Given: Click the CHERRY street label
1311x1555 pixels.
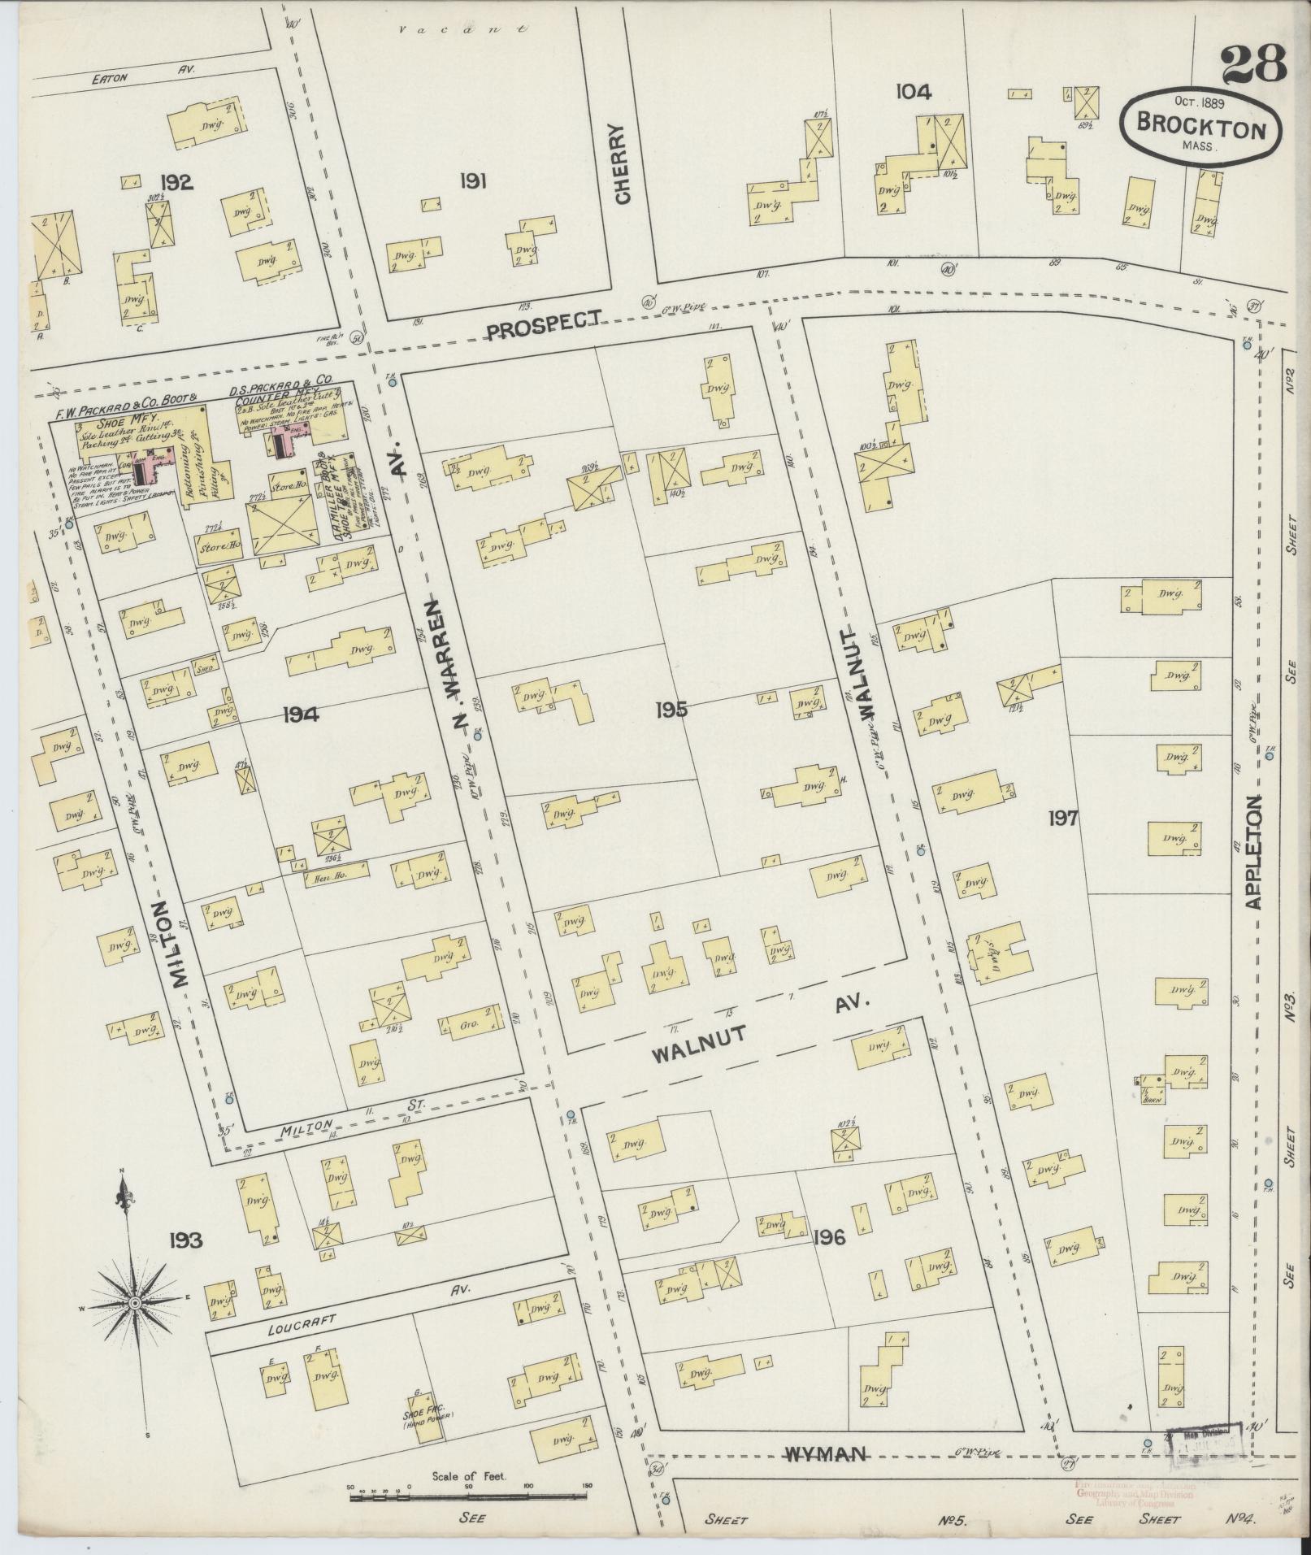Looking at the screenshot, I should pyautogui.click(x=623, y=165).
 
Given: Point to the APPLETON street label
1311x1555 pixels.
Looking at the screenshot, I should pyautogui.click(x=1253, y=852).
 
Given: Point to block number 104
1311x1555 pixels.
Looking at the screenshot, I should pyautogui.click(x=913, y=92).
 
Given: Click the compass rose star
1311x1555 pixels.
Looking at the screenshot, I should pyautogui.click(x=133, y=1303).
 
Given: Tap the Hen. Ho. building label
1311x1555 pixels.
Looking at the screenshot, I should pyautogui.click(x=323, y=878).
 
